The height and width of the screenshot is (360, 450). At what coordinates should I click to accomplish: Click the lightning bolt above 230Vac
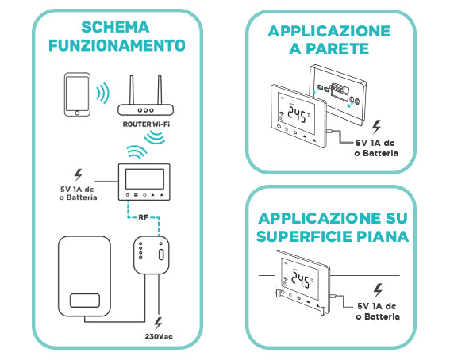tap(159, 324)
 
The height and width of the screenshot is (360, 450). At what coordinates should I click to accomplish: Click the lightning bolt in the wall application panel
tap(376, 125)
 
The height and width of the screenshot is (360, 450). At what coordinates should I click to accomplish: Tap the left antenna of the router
tap(129, 87)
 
